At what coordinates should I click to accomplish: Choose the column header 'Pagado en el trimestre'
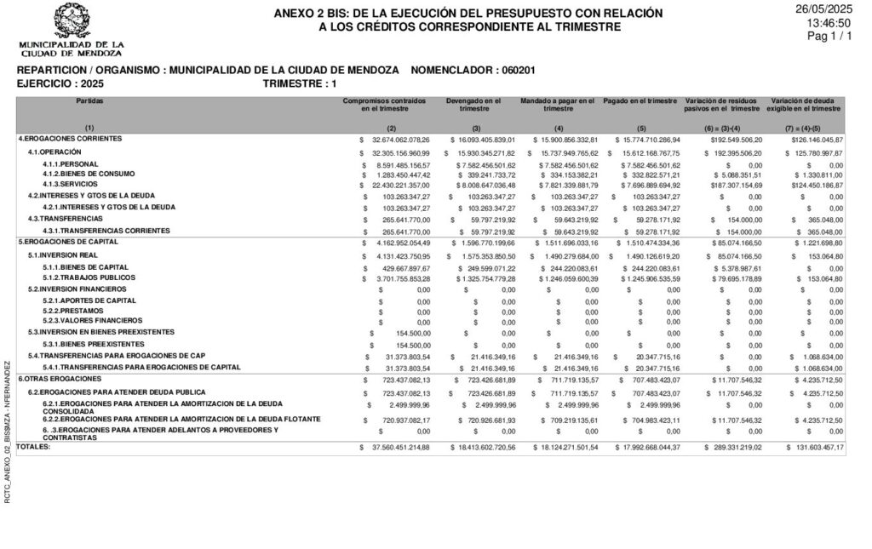click(640, 100)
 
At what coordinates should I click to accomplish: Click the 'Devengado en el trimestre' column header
click(474, 105)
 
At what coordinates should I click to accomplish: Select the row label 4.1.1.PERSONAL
click(71, 164)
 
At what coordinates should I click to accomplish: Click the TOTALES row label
click(33, 447)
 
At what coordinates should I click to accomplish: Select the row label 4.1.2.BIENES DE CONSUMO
click(89, 174)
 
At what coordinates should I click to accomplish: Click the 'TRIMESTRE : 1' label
click(300, 83)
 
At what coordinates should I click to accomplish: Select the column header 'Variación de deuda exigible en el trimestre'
click(804, 105)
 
